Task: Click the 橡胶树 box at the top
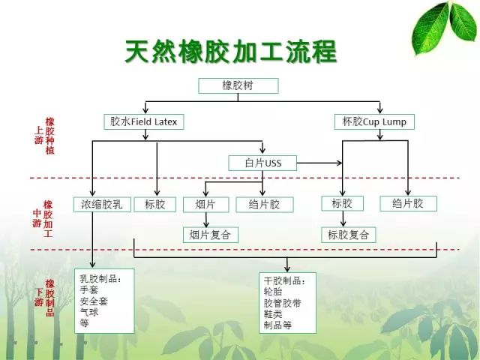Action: pyautogui.click(x=238, y=85)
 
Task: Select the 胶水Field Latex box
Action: pyautogui.click(x=144, y=121)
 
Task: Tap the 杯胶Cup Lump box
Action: pyautogui.click(x=374, y=121)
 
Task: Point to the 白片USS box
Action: pyautogui.click(x=262, y=163)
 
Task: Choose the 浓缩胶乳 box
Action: pyautogui.click(x=102, y=204)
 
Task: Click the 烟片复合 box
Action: pyautogui.click(x=211, y=235)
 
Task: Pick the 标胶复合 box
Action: pyautogui.click(x=348, y=235)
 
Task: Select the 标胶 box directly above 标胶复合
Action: pyautogui.click(x=343, y=203)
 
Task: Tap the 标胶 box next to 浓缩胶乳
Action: pyautogui.click(x=155, y=204)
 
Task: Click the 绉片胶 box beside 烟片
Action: pyautogui.click(x=265, y=204)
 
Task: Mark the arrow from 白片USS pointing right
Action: pyautogui.click(x=319, y=163)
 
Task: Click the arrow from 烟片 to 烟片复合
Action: pyautogui.click(x=206, y=220)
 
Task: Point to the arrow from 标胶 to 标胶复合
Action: pyautogui.click(x=343, y=219)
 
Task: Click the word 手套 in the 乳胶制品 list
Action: pyautogui.click(x=89, y=289)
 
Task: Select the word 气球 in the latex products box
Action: pyautogui.click(x=89, y=312)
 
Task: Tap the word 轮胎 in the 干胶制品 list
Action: pyautogui.click(x=273, y=292)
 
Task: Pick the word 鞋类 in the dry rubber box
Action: pyautogui.click(x=273, y=314)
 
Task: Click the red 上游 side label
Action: pyautogui.click(x=38, y=135)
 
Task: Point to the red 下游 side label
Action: pyautogui.click(x=38, y=297)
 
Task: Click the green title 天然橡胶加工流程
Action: pyautogui.click(x=231, y=52)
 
